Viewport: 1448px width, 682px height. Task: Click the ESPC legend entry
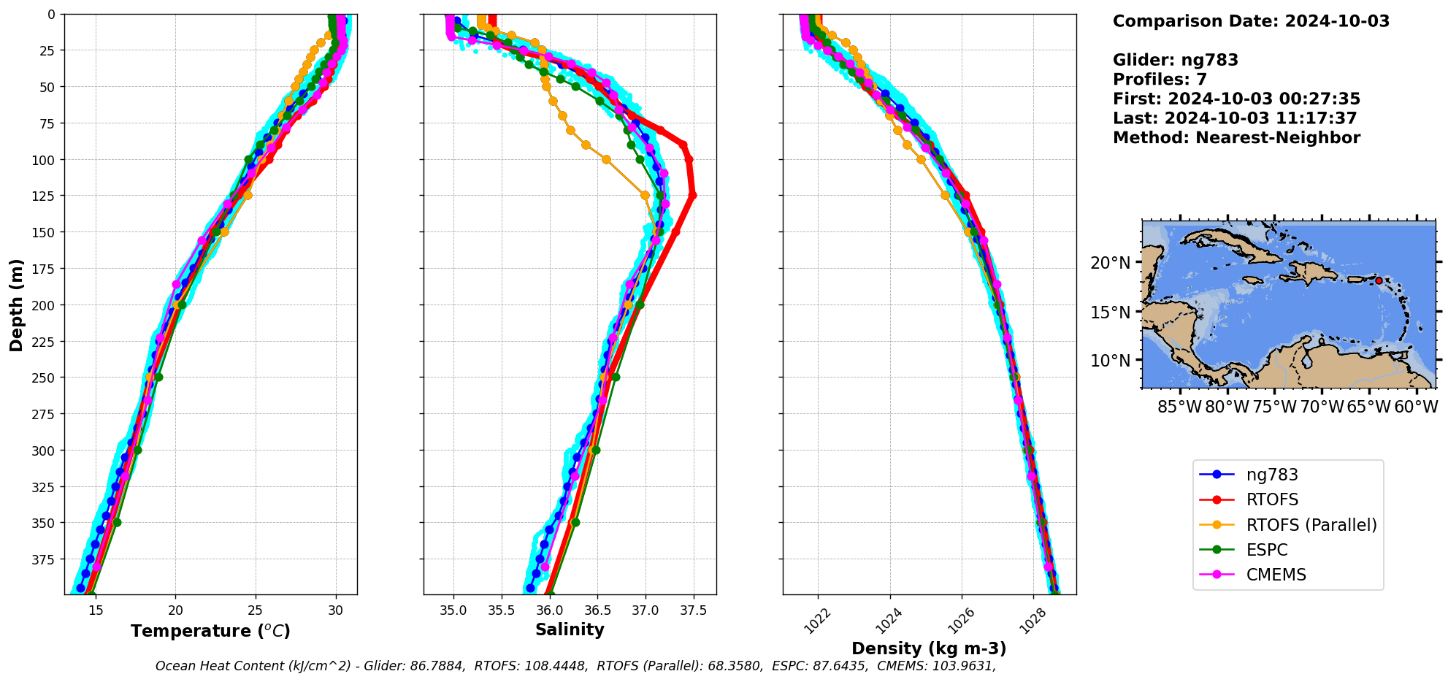pos(1267,550)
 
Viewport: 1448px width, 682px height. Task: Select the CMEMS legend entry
pos(1276,575)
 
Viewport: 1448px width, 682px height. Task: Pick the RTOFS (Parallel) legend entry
pos(1311,525)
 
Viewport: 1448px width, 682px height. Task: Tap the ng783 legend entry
pos(1272,475)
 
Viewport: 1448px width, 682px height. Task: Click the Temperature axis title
pos(210,631)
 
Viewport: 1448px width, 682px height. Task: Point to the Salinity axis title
pos(570,629)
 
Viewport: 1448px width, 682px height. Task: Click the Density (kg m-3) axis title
pos(929,648)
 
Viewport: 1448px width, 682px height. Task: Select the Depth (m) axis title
pos(17,304)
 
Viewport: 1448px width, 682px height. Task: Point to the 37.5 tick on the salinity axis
pos(693,610)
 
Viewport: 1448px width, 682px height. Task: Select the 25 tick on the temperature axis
pos(255,610)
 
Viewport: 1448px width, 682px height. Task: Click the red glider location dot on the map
pos(1379,280)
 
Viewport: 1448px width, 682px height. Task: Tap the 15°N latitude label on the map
pos(1110,313)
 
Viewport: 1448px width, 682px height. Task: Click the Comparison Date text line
pos(1251,21)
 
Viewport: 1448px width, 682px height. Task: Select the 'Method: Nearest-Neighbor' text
pos(1236,138)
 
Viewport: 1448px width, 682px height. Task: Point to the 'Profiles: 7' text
pos(1160,80)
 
